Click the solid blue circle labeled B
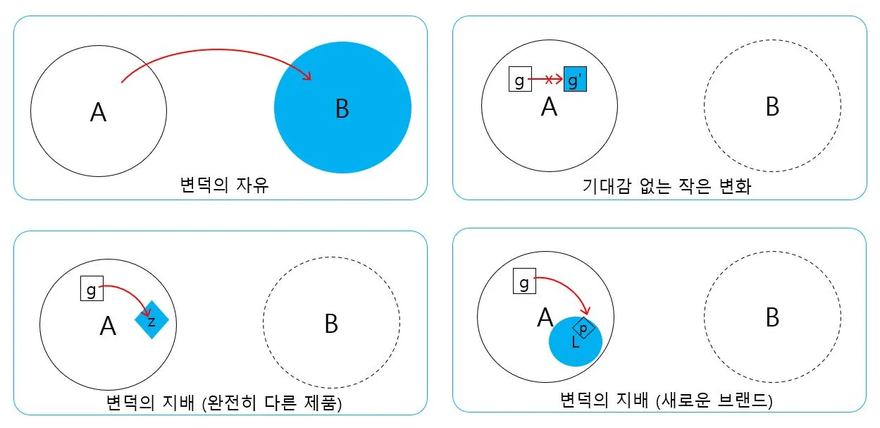click(342, 108)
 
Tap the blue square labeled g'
click(575, 81)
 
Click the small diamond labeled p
click(583, 329)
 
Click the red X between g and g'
click(547, 81)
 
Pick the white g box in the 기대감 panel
click(520, 80)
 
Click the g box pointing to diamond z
click(91, 288)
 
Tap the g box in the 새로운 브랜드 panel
click(524, 282)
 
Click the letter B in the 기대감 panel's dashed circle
click(772, 108)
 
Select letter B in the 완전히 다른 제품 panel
click(331, 324)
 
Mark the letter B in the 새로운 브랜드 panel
click(772, 319)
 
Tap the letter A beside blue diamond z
click(108, 326)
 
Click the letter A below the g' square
click(549, 107)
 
